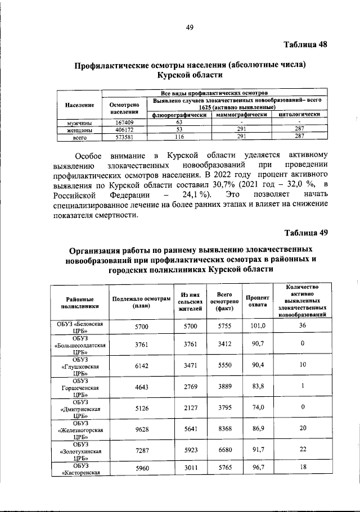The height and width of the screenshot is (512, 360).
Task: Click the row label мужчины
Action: (x=79, y=123)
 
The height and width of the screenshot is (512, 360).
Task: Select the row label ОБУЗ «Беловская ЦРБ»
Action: (x=79, y=328)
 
